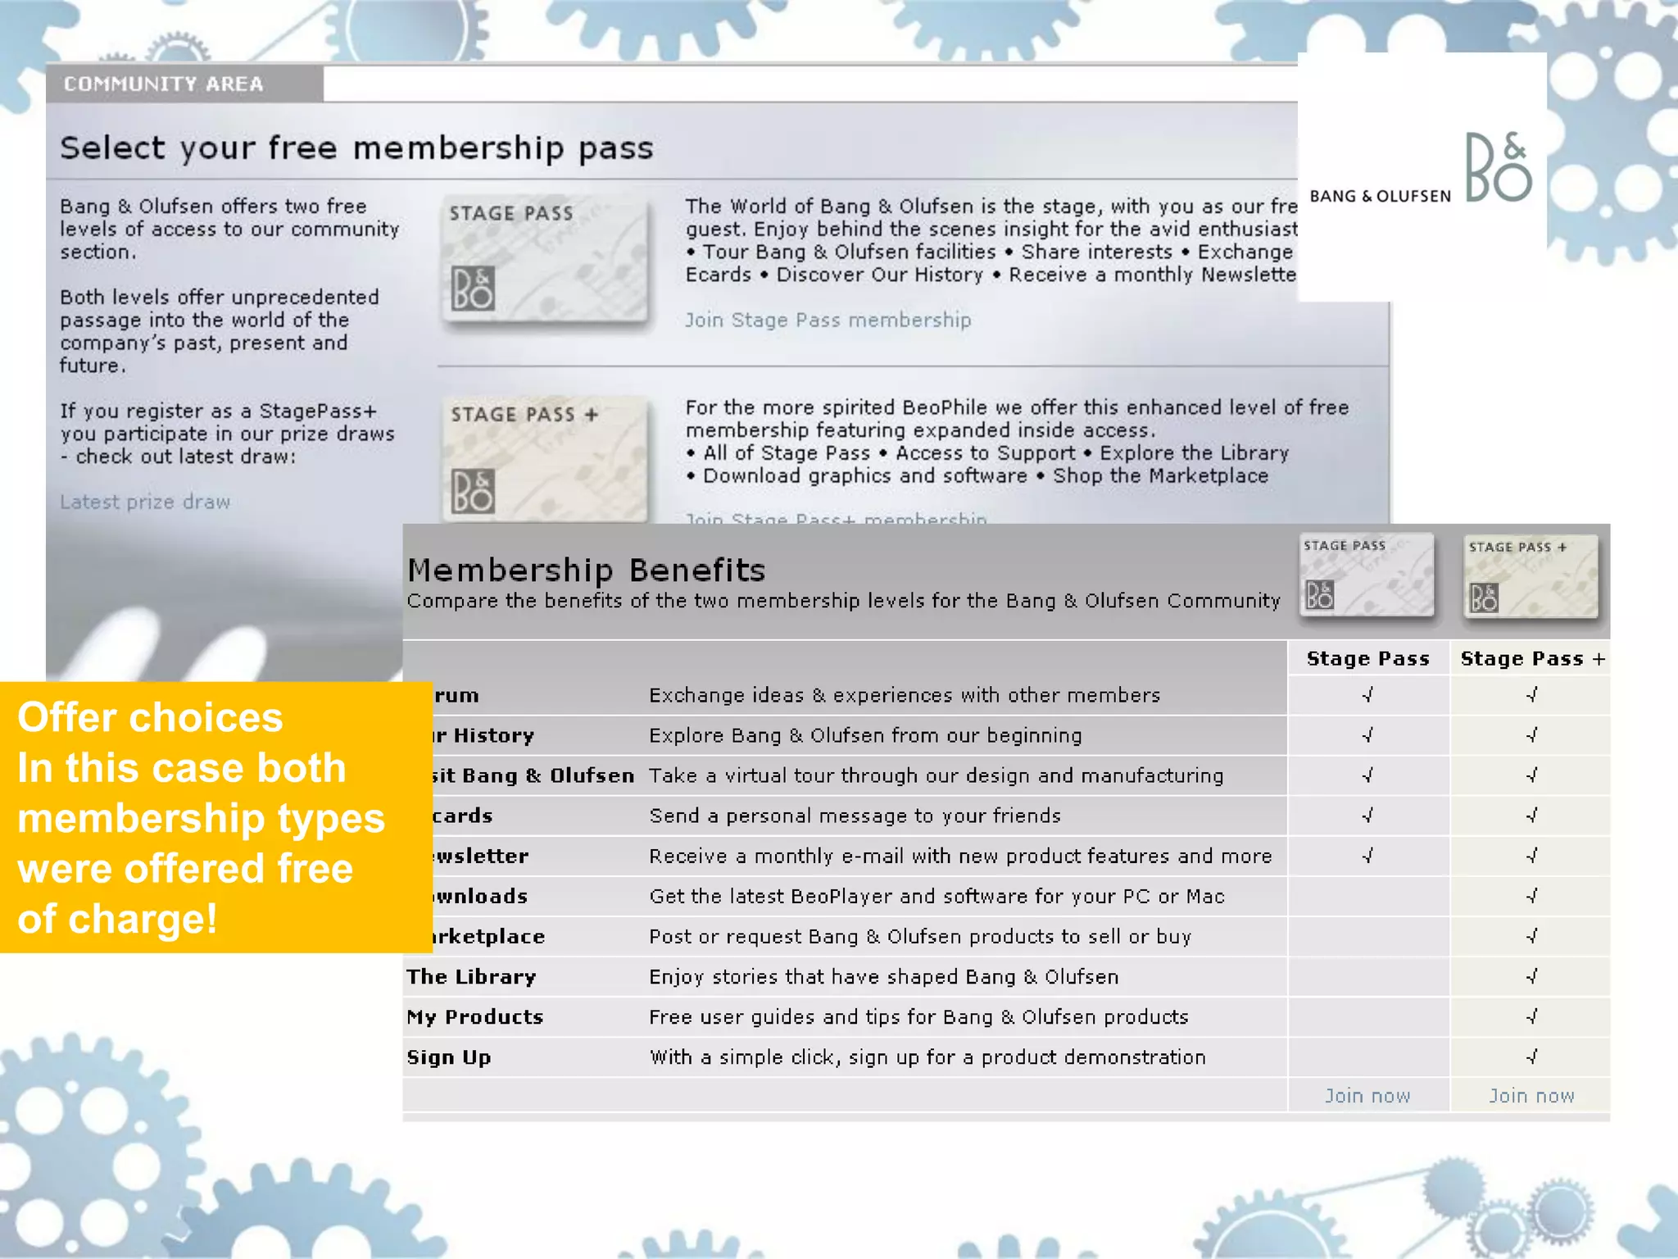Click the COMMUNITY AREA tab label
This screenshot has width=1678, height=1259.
(164, 84)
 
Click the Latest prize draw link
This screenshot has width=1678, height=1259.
(145, 502)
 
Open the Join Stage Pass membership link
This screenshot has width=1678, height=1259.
(828, 320)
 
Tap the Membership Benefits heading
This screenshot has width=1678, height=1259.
(587, 570)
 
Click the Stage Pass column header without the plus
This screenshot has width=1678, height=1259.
(1367, 659)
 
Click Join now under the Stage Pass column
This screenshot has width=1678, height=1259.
(1367, 1096)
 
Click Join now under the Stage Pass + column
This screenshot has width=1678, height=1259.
(1531, 1096)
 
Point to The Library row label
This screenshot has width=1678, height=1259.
(471, 977)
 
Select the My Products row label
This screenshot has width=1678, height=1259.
(475, 1017)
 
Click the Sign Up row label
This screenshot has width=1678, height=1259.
(449, 1057)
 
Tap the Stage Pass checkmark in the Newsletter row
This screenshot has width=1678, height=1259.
(1367, 856)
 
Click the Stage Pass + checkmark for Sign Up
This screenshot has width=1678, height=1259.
(1531, 1057)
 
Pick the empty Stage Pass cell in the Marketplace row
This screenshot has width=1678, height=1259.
(1367, 936)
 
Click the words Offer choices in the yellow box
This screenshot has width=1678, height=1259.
(150, 717)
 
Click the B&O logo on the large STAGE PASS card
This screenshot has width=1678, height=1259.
(473, 289)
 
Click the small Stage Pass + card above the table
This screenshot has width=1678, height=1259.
(1531, 576)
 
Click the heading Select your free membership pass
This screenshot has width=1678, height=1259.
(356, 148)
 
